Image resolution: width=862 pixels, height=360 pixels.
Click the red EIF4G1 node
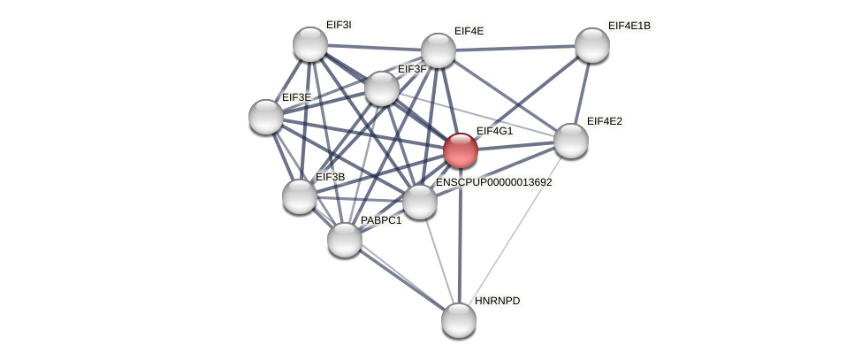461,150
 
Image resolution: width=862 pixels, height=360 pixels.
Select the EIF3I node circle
310,44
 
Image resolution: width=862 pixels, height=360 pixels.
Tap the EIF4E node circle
439,50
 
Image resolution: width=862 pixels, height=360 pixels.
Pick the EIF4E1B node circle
592,45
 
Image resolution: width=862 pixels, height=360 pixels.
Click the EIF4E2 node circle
571,141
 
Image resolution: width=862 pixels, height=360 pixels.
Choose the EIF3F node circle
382,88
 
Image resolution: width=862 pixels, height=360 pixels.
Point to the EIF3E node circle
266,117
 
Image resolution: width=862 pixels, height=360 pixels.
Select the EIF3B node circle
300,196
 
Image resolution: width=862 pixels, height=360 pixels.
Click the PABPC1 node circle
345,240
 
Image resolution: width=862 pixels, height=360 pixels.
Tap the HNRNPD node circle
459,320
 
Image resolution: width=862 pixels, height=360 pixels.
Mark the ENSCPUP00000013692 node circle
420,202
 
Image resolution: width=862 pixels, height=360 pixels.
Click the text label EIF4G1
494,131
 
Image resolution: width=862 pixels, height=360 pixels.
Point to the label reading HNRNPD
497,301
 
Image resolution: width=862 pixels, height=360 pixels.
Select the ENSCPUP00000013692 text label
493,182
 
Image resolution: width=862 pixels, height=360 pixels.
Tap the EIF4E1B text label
629,26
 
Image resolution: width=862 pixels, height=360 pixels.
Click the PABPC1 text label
381,220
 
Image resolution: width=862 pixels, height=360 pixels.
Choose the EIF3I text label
339,25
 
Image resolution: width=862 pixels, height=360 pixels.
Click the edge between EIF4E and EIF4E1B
515,48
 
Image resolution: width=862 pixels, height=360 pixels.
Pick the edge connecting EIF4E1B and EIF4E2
582,93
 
